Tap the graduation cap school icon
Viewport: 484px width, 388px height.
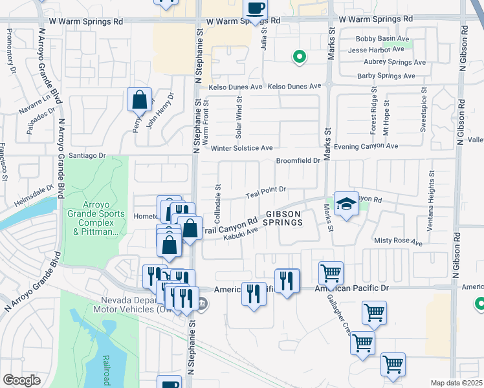346,204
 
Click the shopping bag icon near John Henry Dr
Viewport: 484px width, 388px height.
139,100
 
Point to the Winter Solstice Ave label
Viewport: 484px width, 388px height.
242,148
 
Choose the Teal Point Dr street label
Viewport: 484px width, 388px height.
266,192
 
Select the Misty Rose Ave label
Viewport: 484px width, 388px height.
398,241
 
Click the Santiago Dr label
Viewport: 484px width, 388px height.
87,155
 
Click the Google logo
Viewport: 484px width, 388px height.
21,380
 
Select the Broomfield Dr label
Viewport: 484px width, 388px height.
298,161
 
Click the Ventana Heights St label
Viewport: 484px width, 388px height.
430,204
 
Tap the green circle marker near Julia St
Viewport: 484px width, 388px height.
299,57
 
